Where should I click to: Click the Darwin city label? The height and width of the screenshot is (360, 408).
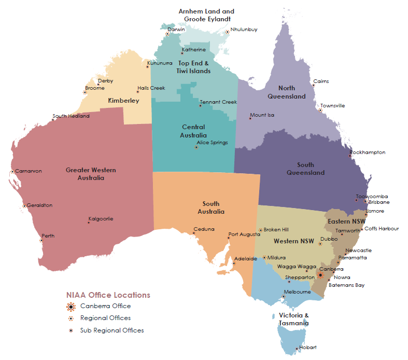(176, 30)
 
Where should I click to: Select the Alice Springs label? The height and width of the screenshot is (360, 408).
(212, 143)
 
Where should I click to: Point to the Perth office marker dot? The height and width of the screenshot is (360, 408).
(41, 241)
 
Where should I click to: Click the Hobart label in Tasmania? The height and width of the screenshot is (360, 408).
(308, 347)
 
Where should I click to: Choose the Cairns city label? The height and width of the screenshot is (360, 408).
(321, 81)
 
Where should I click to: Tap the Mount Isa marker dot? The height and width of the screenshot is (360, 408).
(250, 119)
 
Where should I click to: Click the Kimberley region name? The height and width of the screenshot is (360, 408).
(123, 100)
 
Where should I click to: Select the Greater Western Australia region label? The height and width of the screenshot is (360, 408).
(91, 174)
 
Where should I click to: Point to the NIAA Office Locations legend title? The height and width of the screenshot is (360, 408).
(108, 295)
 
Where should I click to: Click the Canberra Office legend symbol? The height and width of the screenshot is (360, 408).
(71, 306)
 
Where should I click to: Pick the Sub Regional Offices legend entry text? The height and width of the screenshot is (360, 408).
(112, 330)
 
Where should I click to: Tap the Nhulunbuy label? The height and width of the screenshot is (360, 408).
(244, 30)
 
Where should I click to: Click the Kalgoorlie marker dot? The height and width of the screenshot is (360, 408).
(89, 223)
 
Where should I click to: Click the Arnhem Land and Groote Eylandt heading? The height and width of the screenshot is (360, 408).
(206, 15)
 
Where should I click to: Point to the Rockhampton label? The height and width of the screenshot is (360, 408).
(369, 153)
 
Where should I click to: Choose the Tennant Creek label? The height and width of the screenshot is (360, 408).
(218, 102)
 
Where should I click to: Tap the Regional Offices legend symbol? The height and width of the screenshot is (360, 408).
(71, 318)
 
